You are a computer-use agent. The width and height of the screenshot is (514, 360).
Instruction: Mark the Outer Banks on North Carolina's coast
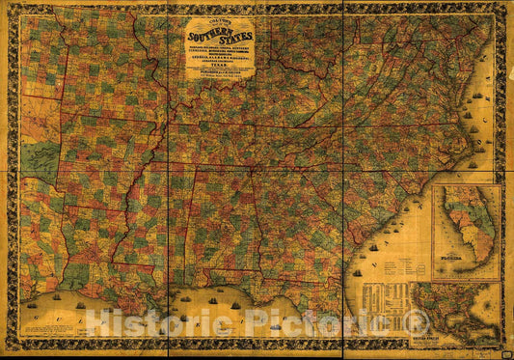pos(474,135)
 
